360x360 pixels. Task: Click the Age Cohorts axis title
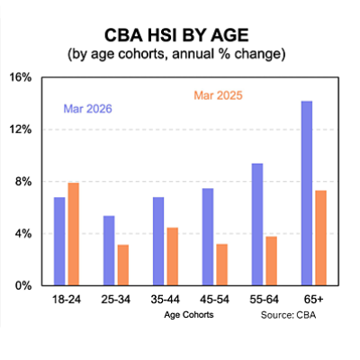pos(190,316)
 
